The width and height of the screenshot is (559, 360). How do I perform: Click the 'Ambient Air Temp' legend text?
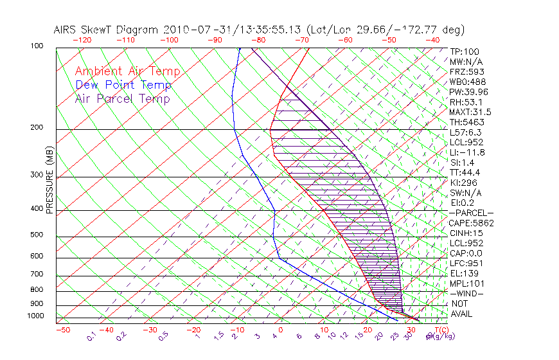click(127, 72)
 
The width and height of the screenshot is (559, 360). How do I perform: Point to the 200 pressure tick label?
click(37, 128)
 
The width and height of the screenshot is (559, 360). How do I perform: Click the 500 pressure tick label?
click(37, 235)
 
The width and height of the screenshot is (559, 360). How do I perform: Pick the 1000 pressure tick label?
click(35, 316)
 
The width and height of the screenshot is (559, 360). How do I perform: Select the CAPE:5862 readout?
click(471, 223)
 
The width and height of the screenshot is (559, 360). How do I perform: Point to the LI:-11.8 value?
click(467, 152)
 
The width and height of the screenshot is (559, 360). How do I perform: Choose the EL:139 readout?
click(463, 274)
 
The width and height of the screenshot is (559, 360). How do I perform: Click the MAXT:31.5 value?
click(471, 113)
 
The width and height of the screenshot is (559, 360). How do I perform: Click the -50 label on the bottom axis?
click(62, 330)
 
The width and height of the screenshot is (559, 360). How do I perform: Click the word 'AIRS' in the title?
click(66, 30)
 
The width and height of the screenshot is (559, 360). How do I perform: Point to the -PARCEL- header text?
click(471, 213)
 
